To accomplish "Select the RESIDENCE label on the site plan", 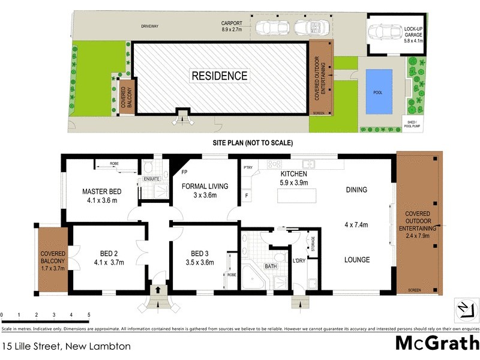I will click(x=219, y=76).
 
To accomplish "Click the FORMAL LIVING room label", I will click(x=205, y=187).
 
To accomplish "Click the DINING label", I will click(x=356, y=190).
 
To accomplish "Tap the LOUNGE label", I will click(x=356, y=260).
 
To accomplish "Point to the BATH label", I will click(x=271, y=266).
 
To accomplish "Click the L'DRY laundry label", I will click(x=298, y=261).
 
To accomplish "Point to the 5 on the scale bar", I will click(x=89, y=315).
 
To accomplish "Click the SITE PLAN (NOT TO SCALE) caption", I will click(x=252, y=143).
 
